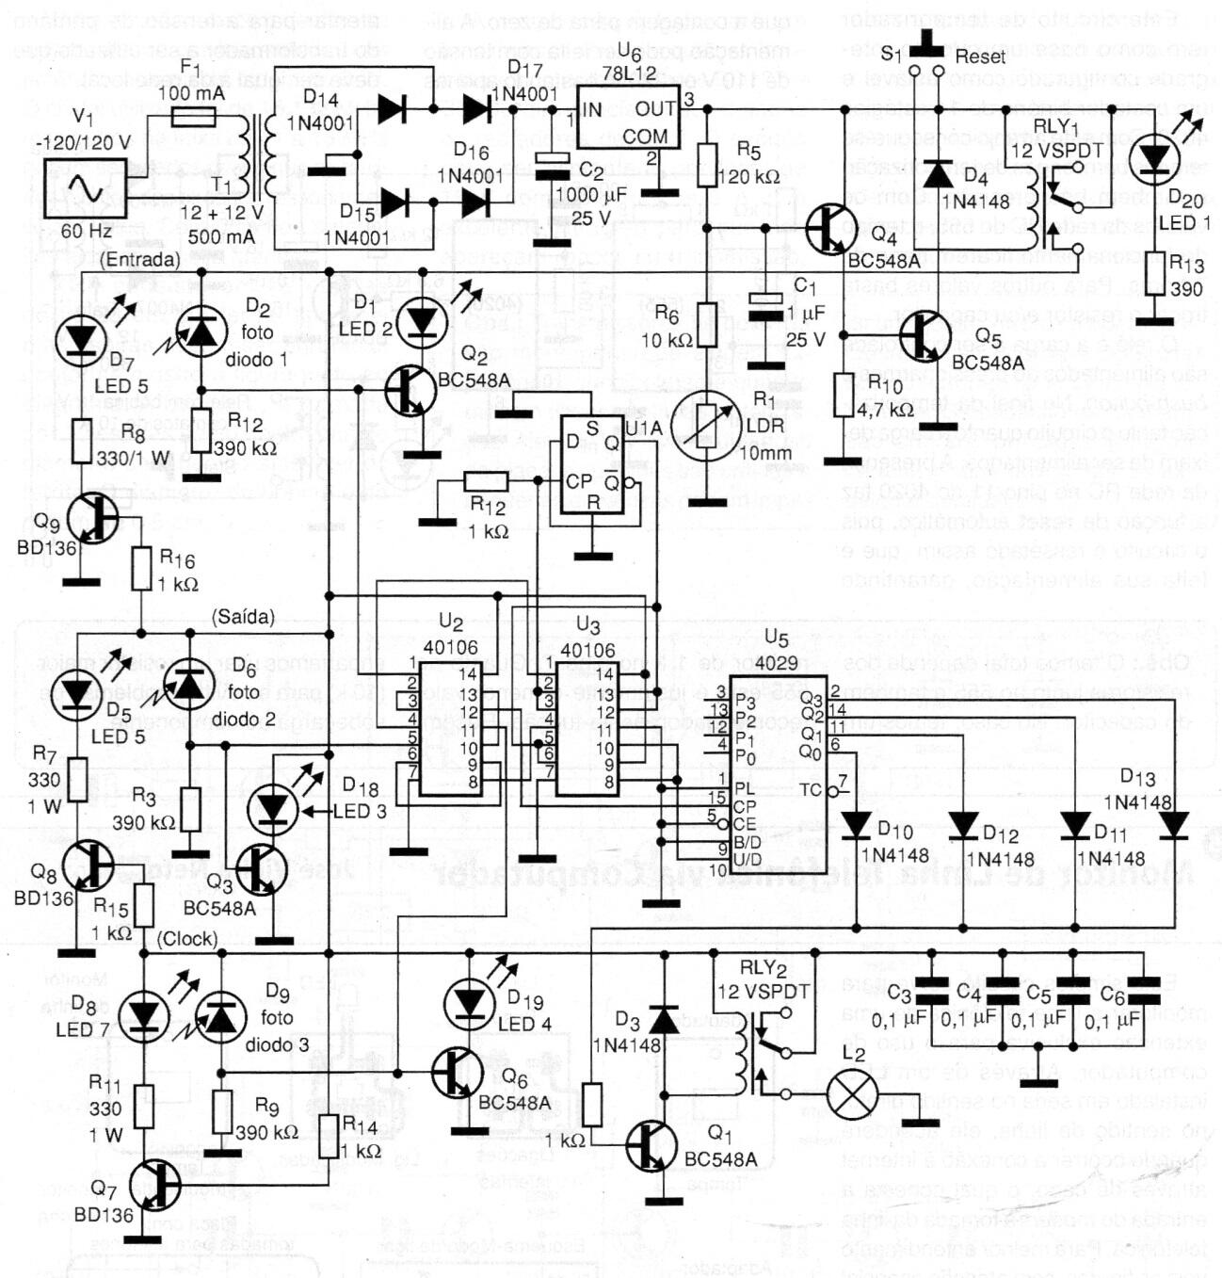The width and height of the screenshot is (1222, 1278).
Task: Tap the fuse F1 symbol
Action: tap(194, 117)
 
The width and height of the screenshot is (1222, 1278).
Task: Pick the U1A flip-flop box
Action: tap(591, 464)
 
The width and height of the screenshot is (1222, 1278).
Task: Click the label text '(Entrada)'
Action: tap(138, 260)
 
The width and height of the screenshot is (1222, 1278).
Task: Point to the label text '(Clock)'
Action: tap(187, 939)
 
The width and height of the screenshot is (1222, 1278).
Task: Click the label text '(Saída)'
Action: tap(243, 617)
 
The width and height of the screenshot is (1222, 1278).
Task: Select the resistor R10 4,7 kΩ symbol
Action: tap(844, 395)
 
